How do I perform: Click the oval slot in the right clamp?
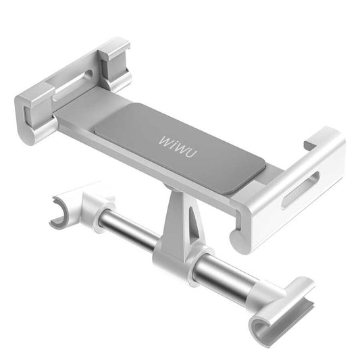click(302, 189)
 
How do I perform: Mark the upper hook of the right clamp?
click(317, 138)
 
